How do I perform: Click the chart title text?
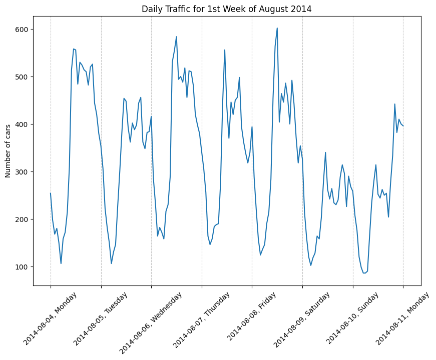coord(227,9)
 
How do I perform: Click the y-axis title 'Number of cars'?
coord(8,151)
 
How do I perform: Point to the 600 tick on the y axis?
coord(23,29)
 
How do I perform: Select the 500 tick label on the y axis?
coord(23,77)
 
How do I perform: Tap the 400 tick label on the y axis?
coord(23,124)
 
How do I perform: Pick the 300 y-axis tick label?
coord(23,172)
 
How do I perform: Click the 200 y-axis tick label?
coord(23,219)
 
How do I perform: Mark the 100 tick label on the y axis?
coord(23,267)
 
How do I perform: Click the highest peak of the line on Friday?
coord(277,28)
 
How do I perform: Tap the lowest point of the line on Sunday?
coord(364,273)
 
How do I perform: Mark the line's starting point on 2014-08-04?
coord(51,193)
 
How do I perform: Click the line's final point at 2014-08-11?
coord(403,125)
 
